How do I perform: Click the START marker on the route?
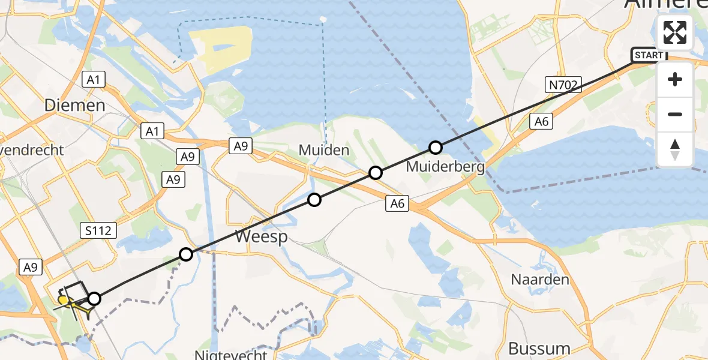pyautogui.click(x=649, y=55)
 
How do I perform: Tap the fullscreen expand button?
pyautogui.click(x=675, y=32)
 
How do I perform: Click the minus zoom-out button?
pyautogui.click(x=675, y=114)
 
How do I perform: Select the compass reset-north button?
pyautogui.click(x=675, y=149)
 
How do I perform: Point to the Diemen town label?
pyautogui.click(x=75, y=105)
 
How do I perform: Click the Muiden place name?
pyautogui.click(x=323, y=149)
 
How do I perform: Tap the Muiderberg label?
pyautogui.click(x=445, y=166)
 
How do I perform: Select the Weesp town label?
pyautogui.click(x=261, y=236)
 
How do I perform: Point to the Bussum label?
pyautogui.click(x=539, y=348)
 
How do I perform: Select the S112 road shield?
pyautogui.click(x=97, y=230)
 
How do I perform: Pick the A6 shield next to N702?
pyautogui.click(x=541, y=122)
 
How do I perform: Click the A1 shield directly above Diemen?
pyautogui.click(x=92, y=79)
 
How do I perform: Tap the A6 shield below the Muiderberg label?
pyautogui.click(x=397, y=204)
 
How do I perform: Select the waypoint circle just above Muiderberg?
pyautogui.click(x=436, y=147)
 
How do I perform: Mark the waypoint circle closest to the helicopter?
pyautogui.click(x=94, y=298)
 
